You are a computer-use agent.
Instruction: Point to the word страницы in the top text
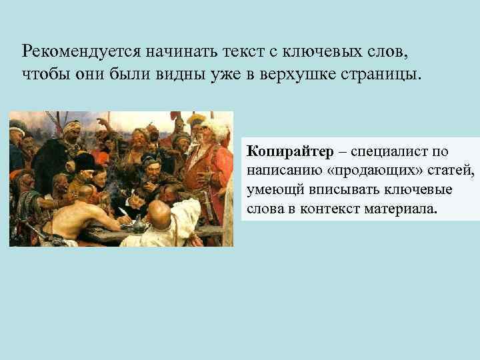coord(383,73)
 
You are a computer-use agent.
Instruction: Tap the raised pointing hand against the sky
coord(101,123)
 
